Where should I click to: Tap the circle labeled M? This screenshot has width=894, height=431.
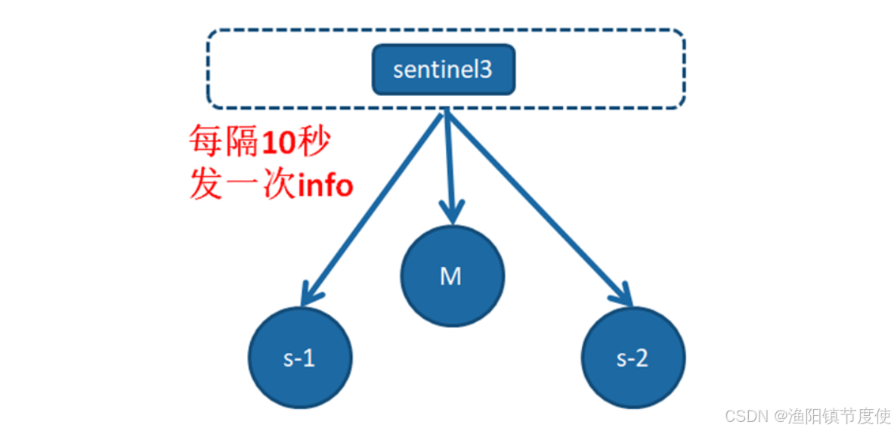(x=451, y=276)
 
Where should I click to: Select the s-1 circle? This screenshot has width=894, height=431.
(x=300, y=358)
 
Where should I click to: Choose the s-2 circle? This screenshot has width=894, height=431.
(x=633, y=358)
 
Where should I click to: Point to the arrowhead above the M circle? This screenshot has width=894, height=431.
(x=452, y=215)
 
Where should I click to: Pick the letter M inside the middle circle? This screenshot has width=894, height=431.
(x=451, y=277)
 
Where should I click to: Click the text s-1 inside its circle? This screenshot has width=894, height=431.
(x=299, y=358)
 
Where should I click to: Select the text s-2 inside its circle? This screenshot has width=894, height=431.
(x=633, y=358)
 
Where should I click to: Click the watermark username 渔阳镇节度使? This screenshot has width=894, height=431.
(x=839, y=415)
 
